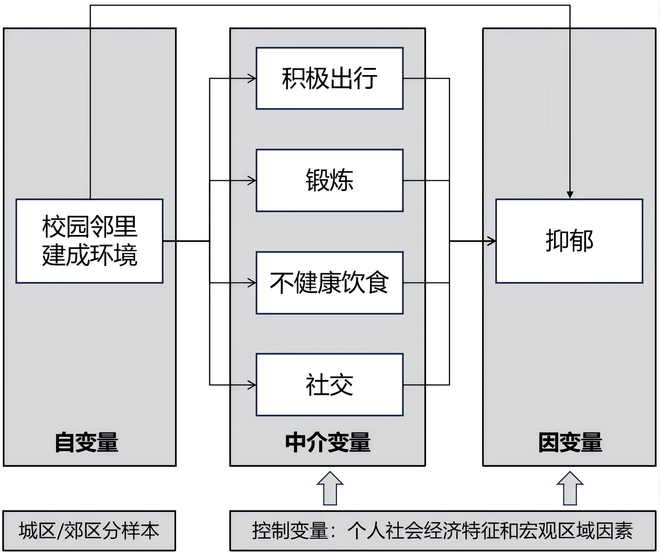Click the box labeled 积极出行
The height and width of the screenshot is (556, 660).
(x=329, y=78)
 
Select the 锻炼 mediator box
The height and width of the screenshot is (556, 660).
(x=329, y=180)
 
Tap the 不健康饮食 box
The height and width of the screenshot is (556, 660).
(x=329, y=283)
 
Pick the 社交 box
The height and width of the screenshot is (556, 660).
(x=329, y=385)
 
